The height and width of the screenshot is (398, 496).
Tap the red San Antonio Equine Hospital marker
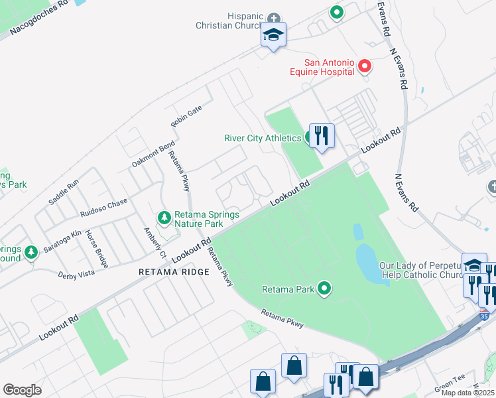364,66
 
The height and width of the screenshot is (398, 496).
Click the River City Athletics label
262,138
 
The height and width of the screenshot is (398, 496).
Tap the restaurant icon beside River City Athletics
322,136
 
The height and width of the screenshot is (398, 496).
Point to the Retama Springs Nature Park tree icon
164,218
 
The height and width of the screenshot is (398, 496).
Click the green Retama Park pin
324,288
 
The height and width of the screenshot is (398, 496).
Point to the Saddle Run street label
64,191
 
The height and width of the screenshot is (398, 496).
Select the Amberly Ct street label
154,243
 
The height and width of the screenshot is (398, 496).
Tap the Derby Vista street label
76,274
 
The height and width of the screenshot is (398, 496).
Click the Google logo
22,389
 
